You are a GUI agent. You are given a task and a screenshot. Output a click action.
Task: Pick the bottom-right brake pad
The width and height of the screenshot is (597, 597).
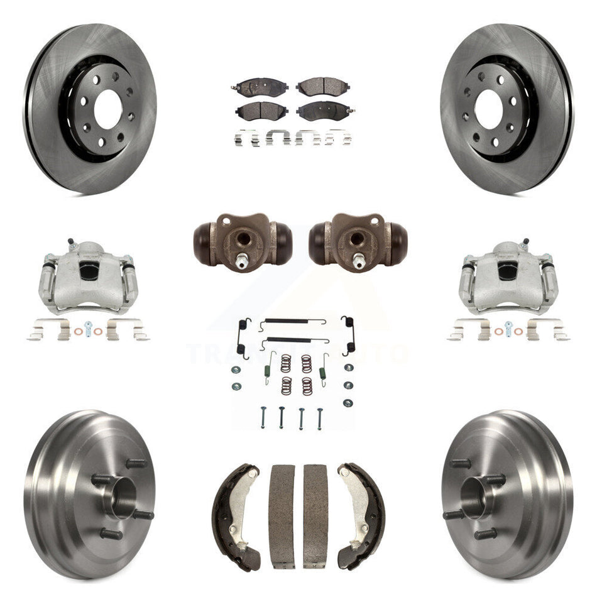(322, 112)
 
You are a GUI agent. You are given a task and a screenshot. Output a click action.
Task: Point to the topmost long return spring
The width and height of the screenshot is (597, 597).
(294, 323)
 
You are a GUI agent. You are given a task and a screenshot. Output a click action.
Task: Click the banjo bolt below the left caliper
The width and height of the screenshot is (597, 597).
(89, 330)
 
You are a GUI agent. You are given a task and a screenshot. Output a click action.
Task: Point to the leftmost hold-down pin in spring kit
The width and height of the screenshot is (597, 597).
(263, 417)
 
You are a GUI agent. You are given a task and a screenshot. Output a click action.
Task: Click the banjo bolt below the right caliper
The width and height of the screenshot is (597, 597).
(508, 329)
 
